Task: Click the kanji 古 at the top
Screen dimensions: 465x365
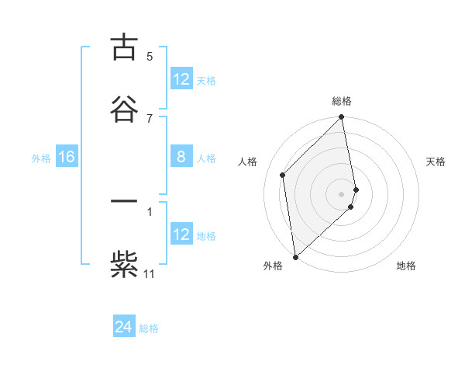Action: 124,47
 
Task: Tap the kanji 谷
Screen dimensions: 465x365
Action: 124,109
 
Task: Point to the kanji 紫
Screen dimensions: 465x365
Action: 124,263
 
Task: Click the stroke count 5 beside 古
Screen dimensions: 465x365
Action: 150,56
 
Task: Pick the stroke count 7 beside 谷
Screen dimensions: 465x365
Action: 150,118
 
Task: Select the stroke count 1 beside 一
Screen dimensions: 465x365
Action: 150,210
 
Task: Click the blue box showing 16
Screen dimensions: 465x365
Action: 66,158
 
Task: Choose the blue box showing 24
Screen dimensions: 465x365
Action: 124,328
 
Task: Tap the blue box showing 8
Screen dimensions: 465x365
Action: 181,158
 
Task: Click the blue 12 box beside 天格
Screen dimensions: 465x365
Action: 181,79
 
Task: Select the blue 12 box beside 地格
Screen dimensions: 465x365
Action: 181,235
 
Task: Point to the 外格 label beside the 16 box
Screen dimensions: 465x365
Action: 41,158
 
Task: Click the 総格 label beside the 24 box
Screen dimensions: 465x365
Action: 149,328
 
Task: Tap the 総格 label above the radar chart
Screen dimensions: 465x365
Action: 342,101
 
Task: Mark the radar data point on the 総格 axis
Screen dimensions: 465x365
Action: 342,118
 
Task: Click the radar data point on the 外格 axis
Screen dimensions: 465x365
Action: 295,256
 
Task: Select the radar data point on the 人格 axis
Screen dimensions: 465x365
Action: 283,175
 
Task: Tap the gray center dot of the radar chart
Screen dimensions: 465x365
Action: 342,193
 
